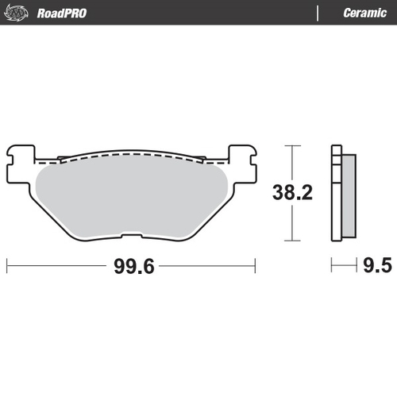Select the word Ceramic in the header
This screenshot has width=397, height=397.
pyautogui.click(x=364, y=13)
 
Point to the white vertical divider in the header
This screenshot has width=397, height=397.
pyautogui.click(x=318, y=13)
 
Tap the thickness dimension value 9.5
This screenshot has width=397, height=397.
pyautogui.click(x=377, y=265)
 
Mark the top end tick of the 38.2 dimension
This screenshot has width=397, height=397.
pyautogui.click(x=294, y=146)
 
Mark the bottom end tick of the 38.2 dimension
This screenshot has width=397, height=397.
pyautogui.click(x=294, y=239)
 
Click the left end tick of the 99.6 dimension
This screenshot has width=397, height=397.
pyautogui.click(x=7, y=265)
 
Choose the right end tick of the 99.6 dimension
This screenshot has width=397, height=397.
pyautogui.click(x=255, y=265)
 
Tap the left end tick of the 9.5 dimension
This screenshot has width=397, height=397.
pyautogui.click(x=333, y=265)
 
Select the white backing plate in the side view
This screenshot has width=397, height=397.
pyautogui.click(x=336, y=195)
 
